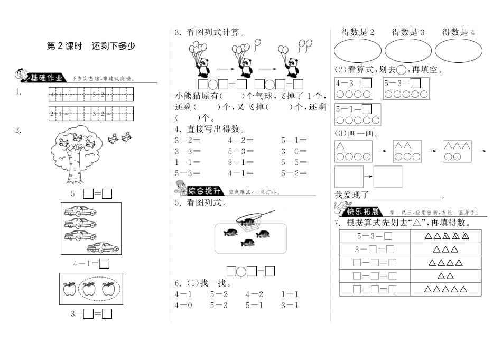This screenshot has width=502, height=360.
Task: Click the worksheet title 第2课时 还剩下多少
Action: tap(91, 46)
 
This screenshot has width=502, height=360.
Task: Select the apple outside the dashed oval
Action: tap(69, 289)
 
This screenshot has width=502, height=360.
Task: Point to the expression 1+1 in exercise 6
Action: tap(290, 294)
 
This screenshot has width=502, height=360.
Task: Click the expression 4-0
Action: tap(183, 305)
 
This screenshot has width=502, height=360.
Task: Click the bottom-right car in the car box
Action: tap(101, 246)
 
